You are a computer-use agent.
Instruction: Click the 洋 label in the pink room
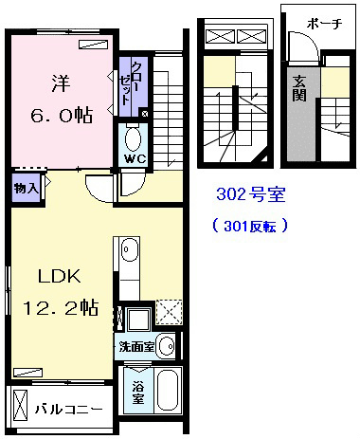tap(61, 84)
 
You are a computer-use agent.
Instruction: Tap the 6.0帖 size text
tap(62, 116)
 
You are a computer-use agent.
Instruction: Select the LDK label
tap(60, 276)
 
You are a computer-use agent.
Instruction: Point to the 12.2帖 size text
tap(61, 307)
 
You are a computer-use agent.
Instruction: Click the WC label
tap(135, 158)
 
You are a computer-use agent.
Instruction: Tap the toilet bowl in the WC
tap(133, 139)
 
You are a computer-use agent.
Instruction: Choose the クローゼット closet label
tap(130, 83)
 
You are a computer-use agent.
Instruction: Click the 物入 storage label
tap(27, 189)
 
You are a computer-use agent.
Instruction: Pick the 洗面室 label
tap(136, 347)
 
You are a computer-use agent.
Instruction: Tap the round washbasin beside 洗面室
tap(167, 346)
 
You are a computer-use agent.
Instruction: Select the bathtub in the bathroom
tap(169, 391)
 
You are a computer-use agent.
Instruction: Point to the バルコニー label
tap(69, 410)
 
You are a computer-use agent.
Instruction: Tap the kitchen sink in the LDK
tap(130, 249)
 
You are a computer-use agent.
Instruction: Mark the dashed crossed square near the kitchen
tap(170, 312)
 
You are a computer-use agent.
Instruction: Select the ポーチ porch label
tap(324, 24)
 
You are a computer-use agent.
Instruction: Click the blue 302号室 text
tap(251, 194)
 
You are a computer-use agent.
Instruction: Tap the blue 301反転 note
tap(250, 226)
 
